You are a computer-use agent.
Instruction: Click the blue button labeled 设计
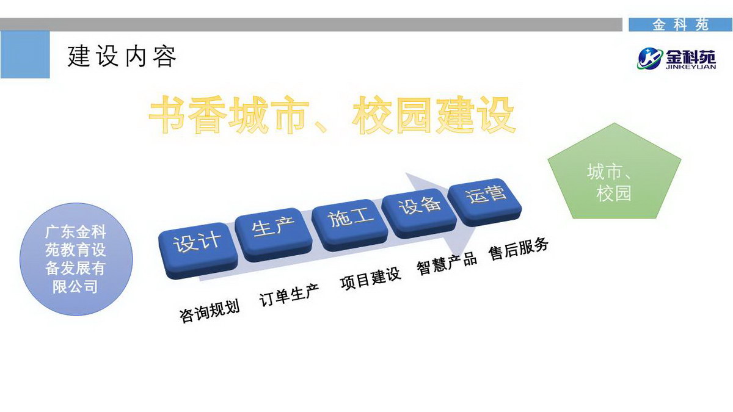coord(198,250)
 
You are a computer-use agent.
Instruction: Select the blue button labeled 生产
coord(274,234)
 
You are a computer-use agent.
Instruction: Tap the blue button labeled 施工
coord(350,225)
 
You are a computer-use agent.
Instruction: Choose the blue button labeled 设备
coord(419,213)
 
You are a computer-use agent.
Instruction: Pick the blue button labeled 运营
coord(484,202)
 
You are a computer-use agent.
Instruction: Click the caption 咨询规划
coord(210,311)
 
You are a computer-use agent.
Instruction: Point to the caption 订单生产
coord(289,295)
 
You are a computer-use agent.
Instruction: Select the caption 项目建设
coord(370,279)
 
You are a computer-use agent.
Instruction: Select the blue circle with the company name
coord(76,259)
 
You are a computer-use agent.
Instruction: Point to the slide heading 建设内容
coord(122,57)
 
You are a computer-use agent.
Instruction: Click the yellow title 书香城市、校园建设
coord(332,115)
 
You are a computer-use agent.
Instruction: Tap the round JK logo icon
coord(649,59)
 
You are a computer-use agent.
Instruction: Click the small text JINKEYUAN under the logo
coord(691,67)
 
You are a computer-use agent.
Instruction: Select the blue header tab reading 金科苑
coord(680,25)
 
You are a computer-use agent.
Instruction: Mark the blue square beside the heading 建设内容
coord(25,54)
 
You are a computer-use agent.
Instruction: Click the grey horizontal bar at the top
coord(311,24)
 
